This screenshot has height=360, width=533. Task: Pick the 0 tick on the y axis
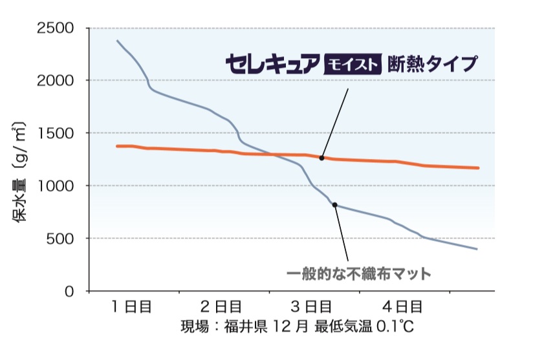[69, 291]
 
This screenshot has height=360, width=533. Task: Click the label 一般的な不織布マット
[358, 273]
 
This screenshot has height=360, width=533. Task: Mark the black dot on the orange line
[321, 158]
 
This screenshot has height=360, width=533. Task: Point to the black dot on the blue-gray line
[335, 205]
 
